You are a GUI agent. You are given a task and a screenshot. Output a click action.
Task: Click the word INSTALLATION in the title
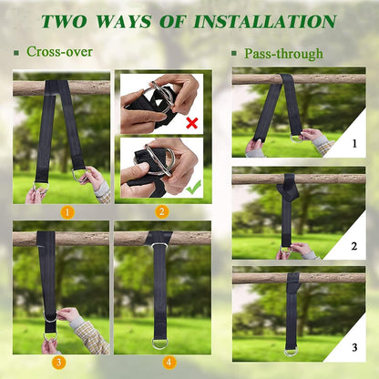(265, 22)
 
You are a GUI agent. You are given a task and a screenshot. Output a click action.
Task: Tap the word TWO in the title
(64, 22)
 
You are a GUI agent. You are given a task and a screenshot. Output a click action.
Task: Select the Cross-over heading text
(59, 52)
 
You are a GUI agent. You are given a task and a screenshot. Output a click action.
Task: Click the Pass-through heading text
(283, 54)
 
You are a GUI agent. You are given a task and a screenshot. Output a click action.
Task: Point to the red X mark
(192, 123)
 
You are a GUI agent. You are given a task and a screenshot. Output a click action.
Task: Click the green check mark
(193, 187)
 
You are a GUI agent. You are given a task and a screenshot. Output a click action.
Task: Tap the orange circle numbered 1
(67, 212)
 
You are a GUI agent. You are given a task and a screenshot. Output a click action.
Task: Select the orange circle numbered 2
(162, 212)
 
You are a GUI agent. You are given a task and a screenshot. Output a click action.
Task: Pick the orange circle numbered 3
(58, 363)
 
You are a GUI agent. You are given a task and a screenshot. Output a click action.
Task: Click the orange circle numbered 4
(169, 363)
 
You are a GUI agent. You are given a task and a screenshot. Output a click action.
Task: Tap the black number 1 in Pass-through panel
(354, 143)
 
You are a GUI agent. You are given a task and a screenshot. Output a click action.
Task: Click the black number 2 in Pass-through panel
(354, 246)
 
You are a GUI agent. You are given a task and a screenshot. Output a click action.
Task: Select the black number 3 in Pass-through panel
(354, 347)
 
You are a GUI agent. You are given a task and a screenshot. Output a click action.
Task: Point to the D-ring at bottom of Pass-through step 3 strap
(292, 353)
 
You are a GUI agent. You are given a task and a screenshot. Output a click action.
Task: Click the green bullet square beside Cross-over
(16, 53)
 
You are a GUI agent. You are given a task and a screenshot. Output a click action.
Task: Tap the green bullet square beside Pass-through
(234, 54)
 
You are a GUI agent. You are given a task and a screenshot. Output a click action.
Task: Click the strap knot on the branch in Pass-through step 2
(287, 189)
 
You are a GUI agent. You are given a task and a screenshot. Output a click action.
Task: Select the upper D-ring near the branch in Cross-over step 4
(159, 244)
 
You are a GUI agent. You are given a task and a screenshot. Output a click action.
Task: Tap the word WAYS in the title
(124, 22)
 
